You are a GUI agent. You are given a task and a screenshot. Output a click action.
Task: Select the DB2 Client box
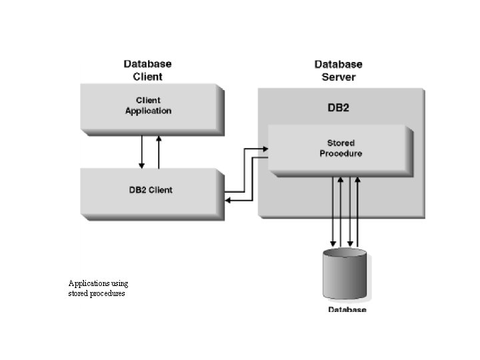point(151,190)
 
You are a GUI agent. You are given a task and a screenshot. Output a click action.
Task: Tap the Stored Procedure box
point(339,149)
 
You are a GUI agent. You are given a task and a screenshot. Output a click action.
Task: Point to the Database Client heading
point(147,70)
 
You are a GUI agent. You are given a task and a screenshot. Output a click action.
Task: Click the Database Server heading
point(338,70)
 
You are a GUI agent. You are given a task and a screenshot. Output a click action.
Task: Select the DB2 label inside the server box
point(338,108)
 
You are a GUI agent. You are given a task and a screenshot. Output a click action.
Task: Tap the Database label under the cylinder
point(347,310)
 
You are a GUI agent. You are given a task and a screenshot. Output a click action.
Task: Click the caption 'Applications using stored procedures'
point(98,288)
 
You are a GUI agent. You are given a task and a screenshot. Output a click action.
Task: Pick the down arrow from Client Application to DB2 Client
point(141,152)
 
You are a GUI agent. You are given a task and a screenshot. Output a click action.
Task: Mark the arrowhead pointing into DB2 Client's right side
point(228,199)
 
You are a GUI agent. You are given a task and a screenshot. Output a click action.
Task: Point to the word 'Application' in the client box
point(149,111)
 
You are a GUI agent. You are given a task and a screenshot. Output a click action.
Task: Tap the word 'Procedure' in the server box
point(341,153)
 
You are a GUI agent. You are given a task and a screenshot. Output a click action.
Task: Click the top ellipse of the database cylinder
point(344,254)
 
